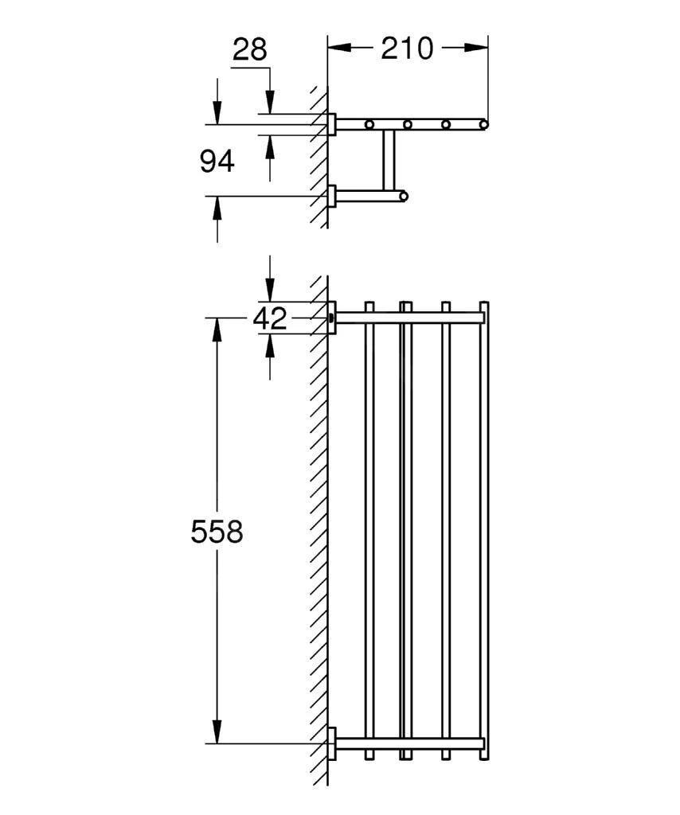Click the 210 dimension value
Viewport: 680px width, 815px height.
406,49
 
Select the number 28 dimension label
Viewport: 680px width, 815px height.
249,51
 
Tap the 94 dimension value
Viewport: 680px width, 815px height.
217,162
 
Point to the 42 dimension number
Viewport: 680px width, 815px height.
269,319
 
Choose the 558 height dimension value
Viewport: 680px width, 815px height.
217,532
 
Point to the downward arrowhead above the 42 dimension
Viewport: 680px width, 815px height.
270,290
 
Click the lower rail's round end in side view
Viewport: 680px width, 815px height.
404,196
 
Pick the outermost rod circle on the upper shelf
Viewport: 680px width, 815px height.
483,124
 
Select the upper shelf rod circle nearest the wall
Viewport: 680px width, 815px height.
369,124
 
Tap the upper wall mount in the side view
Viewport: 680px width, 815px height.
332,124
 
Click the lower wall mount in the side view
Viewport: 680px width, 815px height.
332,196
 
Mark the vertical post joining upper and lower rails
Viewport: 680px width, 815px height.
389,159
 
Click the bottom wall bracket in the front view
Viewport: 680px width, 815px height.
332,744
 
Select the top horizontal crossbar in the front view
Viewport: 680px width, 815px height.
410,318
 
